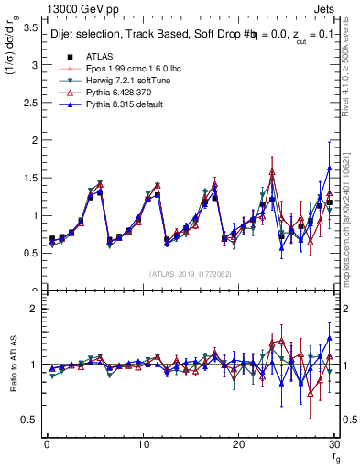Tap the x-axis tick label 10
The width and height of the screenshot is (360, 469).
[x=142, y=443]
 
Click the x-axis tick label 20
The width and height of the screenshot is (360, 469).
[x=238, y=443]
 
